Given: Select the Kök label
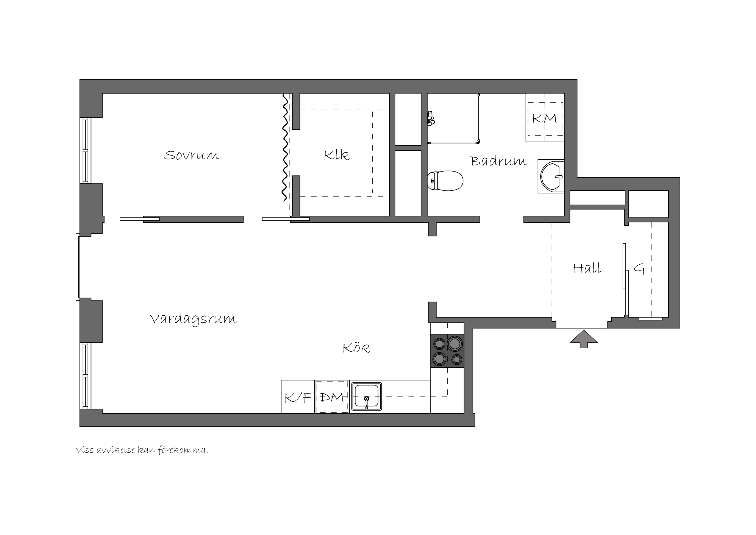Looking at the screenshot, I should pyautogui.click(x=356, y=348).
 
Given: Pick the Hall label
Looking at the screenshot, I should pyautogui.click(x=587, y=268).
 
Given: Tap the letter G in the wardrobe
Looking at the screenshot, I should pyautogui.click(x=639, y=269).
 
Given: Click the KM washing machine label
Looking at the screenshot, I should pyautogui.click(x=544, y=118).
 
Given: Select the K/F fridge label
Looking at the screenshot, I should pyautogui.click(x=298, y=398).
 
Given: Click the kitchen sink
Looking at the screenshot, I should pyautogui.click(x=367, y=397).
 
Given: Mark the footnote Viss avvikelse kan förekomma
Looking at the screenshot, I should pyautogui.click(x=142, y=450).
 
